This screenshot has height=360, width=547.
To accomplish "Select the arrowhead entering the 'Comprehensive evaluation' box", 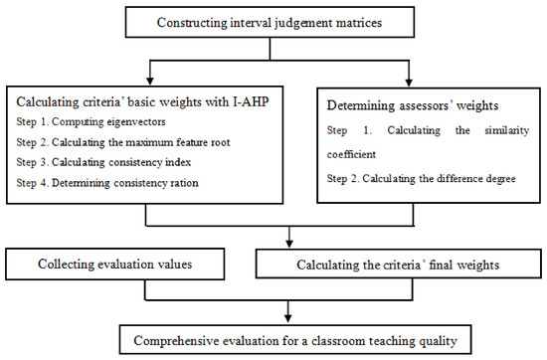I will pos(288,317).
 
